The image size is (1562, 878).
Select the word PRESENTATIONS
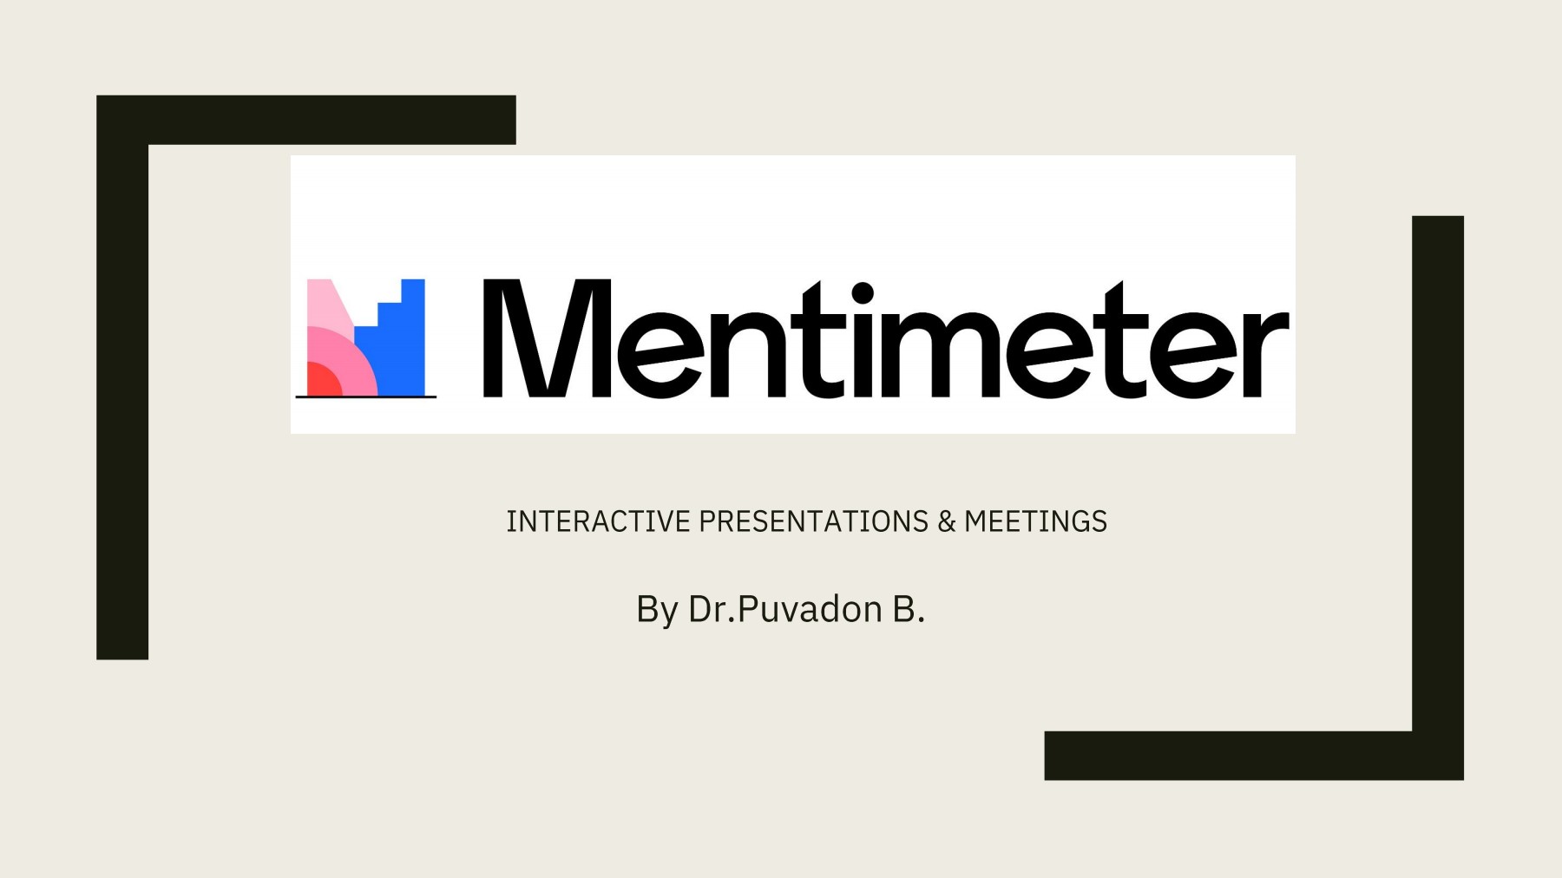(x=813, y=521)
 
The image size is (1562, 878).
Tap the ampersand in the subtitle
(x=946, y=521)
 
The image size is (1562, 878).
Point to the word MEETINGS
(x=1035, y=521)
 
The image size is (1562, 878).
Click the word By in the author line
(x=656, y=610)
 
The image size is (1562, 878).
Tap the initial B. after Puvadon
(x=909, y=609)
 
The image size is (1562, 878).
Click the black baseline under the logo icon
(x=365, y=397)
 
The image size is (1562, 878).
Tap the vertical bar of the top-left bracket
(x=122, y=399)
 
